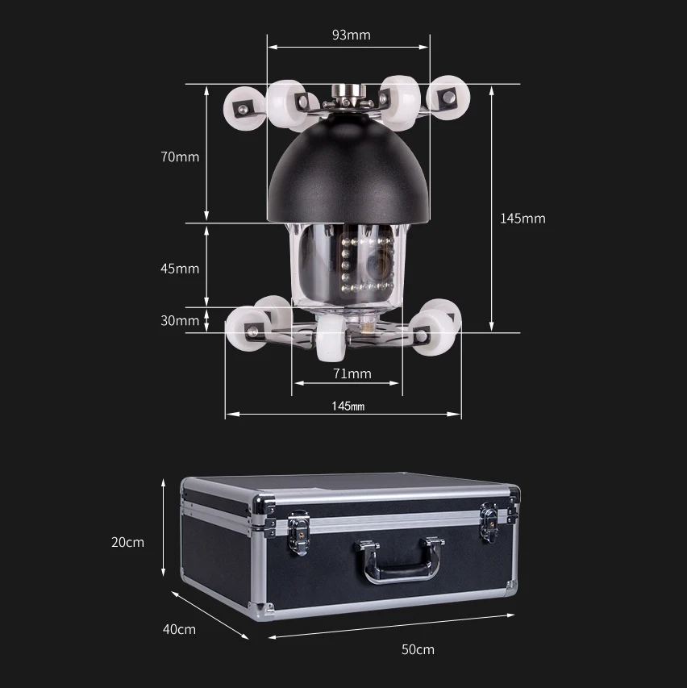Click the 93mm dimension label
[x=351, y=35]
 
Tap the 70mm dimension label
[x=180, y=156]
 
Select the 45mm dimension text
[x=180, y=268]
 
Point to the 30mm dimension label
[x=180, y=320]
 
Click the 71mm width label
[x=352, y=373]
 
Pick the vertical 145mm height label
[x=523, y=218]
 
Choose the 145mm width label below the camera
[x=348, y=406]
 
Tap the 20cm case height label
[x=127, y=542]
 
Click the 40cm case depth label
[x=179, y=629]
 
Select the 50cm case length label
[x=418, y=649]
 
